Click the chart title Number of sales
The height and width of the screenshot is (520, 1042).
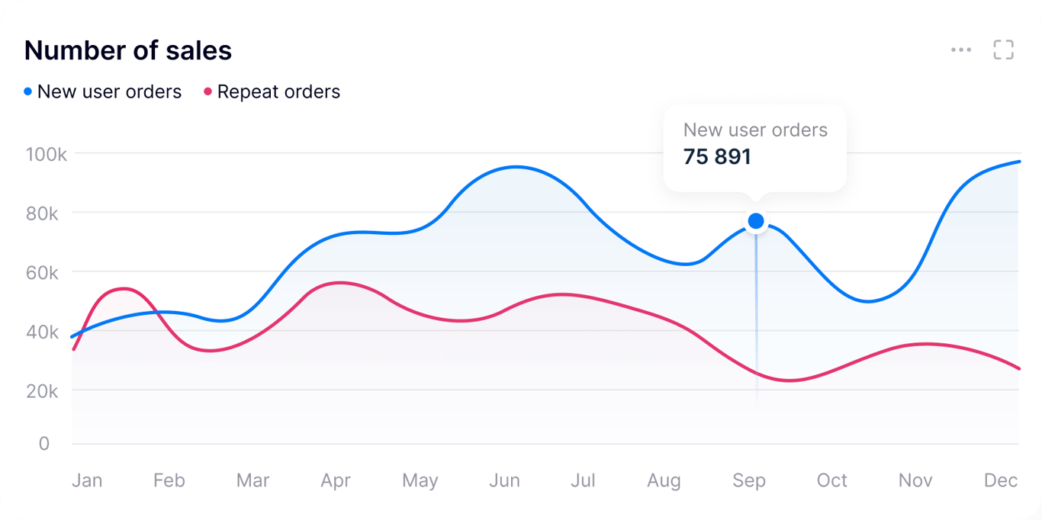pyautogui.click(x=128, y=51)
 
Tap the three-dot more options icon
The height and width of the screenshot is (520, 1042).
pyautogui.click(x=961, y=50)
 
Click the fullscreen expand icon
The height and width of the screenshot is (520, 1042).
pyautogui.click(x=1003, y=50)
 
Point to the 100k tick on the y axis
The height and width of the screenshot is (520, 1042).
pyautogui.click(x=47, y=154)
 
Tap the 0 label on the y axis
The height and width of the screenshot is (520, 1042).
pyautogui.click(x=44, y=444)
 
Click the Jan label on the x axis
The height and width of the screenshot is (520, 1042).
pyautogui.click(x=87, y=481)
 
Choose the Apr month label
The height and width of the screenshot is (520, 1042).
pyautogui.click(x=336, y=481)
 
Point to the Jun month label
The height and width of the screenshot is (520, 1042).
pyautogui.click(x=504, y=481)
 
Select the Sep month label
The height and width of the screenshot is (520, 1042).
pyautogui.click(x=749, y=481)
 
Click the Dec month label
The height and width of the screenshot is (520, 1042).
pyautogui.click(x=1001, y=481)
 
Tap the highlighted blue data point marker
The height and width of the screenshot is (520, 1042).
pyautogui.click(x=756, y=221)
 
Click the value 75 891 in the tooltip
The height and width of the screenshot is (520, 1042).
pyautogui.click(x=717, y=157)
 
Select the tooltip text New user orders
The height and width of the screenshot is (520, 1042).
pyautogui.click(x=755, y=130)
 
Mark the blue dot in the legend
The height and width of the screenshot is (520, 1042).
pyautogui.click(x=28, y=92)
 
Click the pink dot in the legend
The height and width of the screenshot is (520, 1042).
pyautogui.click(x=207, y=92)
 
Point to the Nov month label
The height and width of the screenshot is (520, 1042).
pyautogui.click(x=915, y=481)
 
